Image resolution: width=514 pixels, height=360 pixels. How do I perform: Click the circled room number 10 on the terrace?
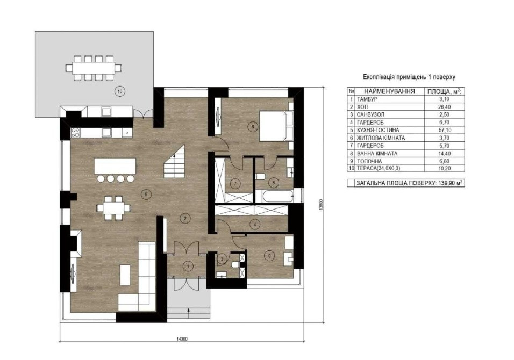[x=120, y=91]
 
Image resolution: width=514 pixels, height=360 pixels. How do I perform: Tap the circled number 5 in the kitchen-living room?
[x=146, y=195]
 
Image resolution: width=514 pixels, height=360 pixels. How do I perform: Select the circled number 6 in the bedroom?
[x=252, y=127]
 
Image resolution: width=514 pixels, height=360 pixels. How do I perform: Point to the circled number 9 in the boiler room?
[x=269, y=256]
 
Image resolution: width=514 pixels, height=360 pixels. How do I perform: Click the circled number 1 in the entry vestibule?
[x=188, y=266]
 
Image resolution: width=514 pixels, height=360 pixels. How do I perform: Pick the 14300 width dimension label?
[x=182, y=339]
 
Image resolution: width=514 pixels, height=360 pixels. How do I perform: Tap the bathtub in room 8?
[x=274, y=196]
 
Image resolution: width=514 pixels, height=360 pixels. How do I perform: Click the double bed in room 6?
[x=276, y=126]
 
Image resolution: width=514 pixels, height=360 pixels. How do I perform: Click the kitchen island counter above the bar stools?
[x=115, y=166]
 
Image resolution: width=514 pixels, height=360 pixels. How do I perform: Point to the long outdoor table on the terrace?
[x=94, y=68]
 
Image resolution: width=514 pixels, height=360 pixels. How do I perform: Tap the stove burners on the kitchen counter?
[x=75, y=132]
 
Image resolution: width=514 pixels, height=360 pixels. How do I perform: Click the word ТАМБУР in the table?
[x=367, y=99]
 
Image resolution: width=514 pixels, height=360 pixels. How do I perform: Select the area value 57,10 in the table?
[x=444, y=130]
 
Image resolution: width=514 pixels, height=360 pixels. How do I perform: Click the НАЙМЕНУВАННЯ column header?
[x=389, y=91]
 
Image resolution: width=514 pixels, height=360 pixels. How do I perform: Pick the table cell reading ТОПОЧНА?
[x=369, y=161]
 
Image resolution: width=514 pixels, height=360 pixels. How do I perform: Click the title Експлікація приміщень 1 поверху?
[x=409, y=77]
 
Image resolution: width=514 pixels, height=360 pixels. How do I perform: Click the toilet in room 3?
[x=235, y=265]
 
